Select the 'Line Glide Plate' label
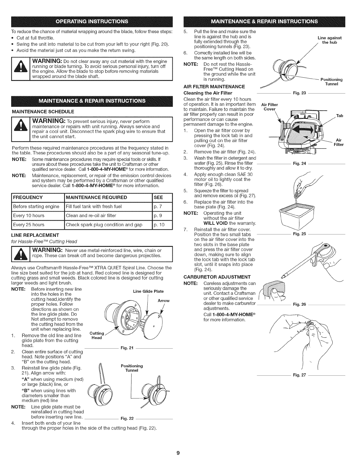pyautogui.click(x=148, y=291)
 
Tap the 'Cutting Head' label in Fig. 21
pyautogui.click(x=97, y=335)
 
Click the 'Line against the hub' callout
pyautogui.click(x=329, y=40)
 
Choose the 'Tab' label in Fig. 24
pyautogui.click(x=340, y=116)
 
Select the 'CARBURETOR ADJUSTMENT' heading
pyautogui.click(x=217, y=277)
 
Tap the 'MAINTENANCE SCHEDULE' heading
pyautogui.click(x=43, y=111)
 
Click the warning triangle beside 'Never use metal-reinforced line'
pyautogui.click(x=20, y=253)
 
